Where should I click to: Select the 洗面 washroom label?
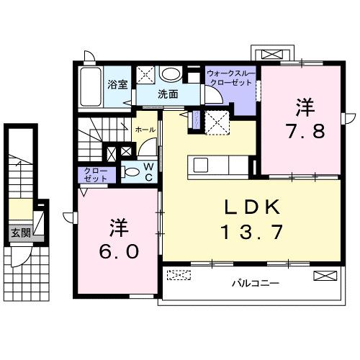pos(168,94)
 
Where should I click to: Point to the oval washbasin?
pos(171,74)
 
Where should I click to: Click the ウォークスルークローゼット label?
pos(230,78)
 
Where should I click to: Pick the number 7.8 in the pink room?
pos(299,132)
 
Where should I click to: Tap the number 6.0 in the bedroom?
pos(116,253)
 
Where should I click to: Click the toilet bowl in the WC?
pos(133,173)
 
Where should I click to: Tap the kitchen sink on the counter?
pos(200,165)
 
